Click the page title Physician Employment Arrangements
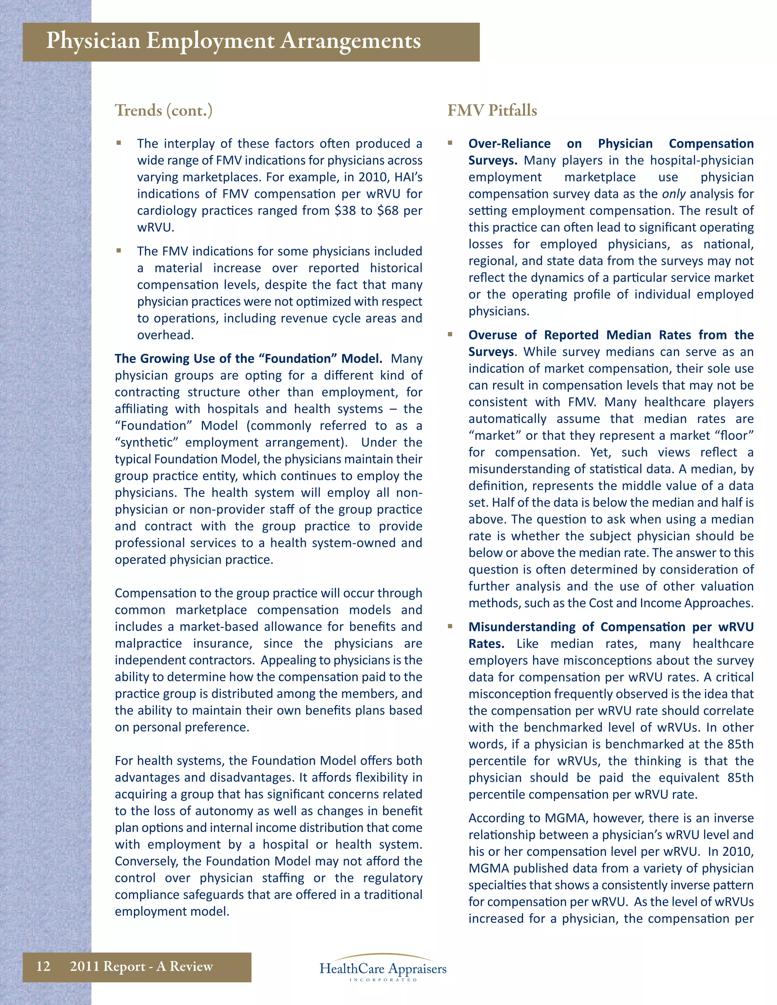coord(233,41)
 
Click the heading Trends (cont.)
coord(164,110)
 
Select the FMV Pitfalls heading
coord(492,110)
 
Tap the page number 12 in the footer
coord(43,966)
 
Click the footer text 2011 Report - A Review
coord(141,966)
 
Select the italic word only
coord(674,194)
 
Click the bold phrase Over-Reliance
coord(509,144)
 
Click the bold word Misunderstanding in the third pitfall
coord(522,627)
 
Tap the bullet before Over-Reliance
coord(450,143)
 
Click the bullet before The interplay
coord(119,143)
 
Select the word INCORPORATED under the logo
coord(383,980)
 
